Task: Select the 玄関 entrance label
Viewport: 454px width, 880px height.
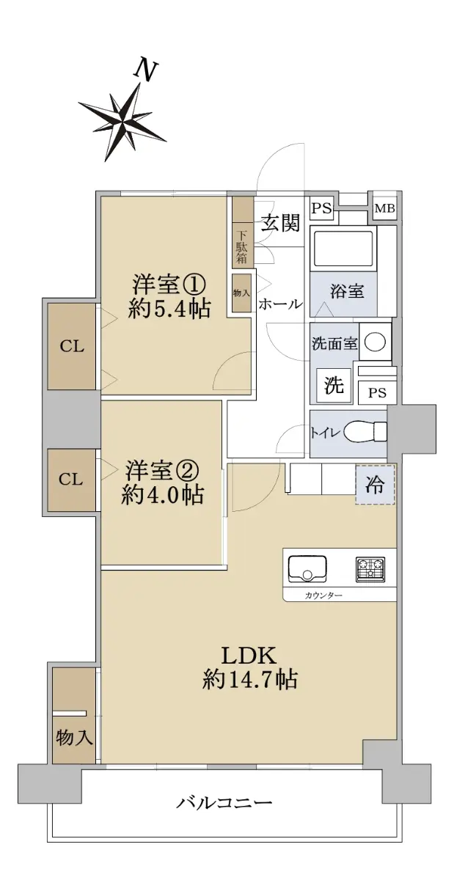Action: (x=282, y=223)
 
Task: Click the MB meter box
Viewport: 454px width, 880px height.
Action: (x=384, y=208)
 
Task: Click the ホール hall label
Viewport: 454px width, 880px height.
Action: (x=280, y=304)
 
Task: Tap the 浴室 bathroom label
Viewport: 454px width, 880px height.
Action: (x=347, y=292)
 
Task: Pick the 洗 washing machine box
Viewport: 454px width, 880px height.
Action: (x=334, y=386)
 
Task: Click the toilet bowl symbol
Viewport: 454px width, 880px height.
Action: (x=365, y=432)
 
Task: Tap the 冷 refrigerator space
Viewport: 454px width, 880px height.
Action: (x=375, y=485)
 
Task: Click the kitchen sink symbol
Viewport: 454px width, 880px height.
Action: (x=307, y=568)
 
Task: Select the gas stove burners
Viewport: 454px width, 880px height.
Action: (x=370, y=569)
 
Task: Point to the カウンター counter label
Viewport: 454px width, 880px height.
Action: (x=323, y=595)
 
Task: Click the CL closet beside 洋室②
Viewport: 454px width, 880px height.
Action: (x=70, y=480)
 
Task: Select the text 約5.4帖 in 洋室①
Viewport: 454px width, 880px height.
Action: (x=169, y=309)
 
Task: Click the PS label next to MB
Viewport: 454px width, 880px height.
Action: (x=321, y=208)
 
